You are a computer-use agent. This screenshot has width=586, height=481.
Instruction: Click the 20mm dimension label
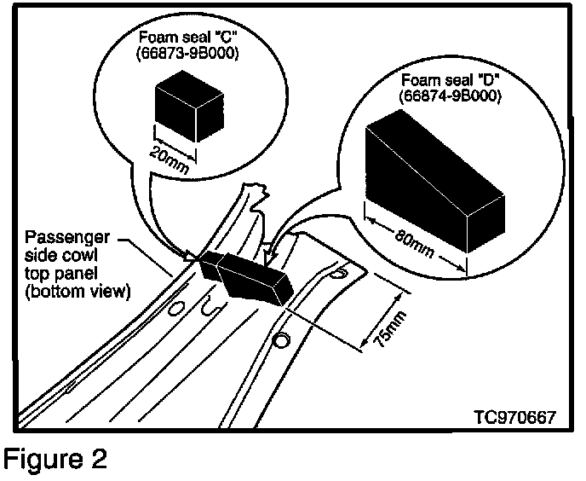(x=169, y=160)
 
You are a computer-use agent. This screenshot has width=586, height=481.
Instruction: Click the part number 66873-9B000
(x=187, y=53)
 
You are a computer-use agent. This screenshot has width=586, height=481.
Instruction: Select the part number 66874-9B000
(x=450, y=96)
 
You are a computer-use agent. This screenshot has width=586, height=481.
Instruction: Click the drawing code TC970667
(x=515, y=417)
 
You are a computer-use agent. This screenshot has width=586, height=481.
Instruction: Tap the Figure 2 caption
(x=55, y=459)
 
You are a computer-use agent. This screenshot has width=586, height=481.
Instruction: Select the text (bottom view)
(x=78, y=291)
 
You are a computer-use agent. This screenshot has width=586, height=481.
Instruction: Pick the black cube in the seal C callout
(x=189, y=107)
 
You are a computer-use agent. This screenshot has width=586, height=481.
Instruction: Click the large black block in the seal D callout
(x=435, y=181)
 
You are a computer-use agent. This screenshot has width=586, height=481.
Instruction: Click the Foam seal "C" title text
(x=187, y=37)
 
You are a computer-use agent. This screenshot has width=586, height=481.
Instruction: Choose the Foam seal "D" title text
(x=451, y=80)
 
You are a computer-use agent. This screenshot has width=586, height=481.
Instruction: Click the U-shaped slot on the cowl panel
(x=211, y=305)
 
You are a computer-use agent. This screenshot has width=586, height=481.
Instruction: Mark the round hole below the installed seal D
(x=281, y=340)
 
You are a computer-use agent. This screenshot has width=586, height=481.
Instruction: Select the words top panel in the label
(x=61, y=274)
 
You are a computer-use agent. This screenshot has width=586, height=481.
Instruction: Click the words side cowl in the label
(x=61, y=255)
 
